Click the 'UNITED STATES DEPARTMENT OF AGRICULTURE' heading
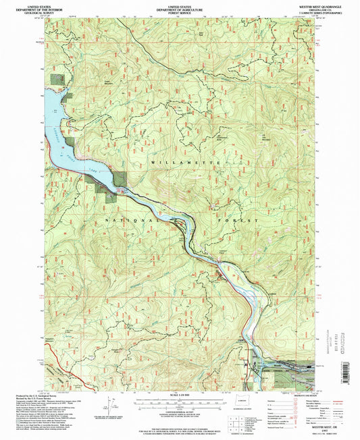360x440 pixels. click(x=180, y=7)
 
